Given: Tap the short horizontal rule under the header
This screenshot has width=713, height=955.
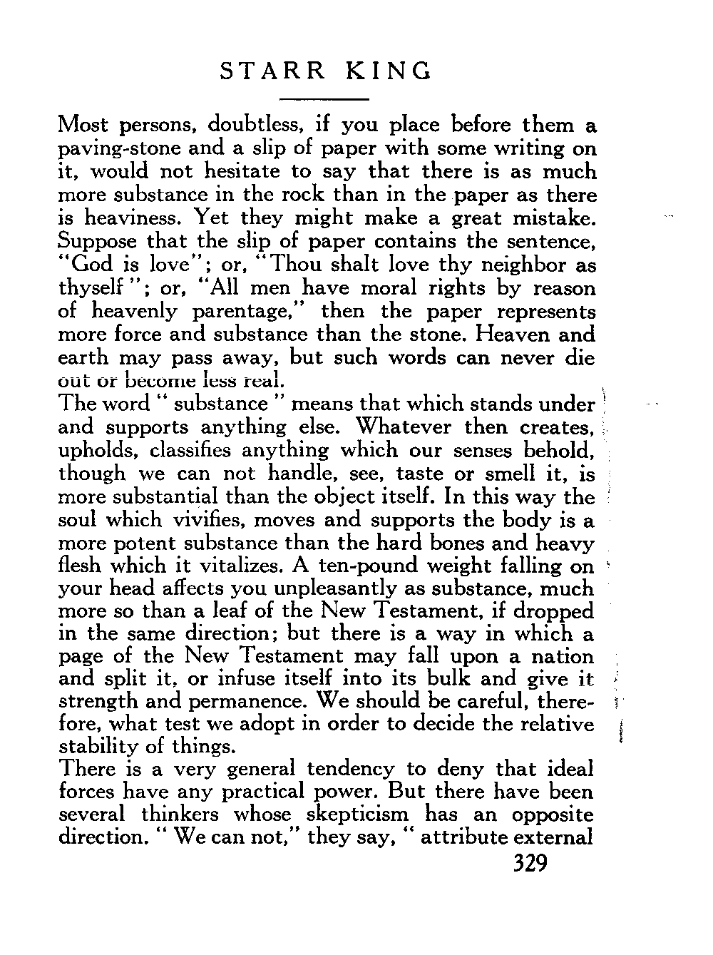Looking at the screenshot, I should (324, 98).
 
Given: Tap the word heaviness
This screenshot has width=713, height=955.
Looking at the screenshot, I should (130, 218).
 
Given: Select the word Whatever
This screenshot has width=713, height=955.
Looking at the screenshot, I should (404, 427).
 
